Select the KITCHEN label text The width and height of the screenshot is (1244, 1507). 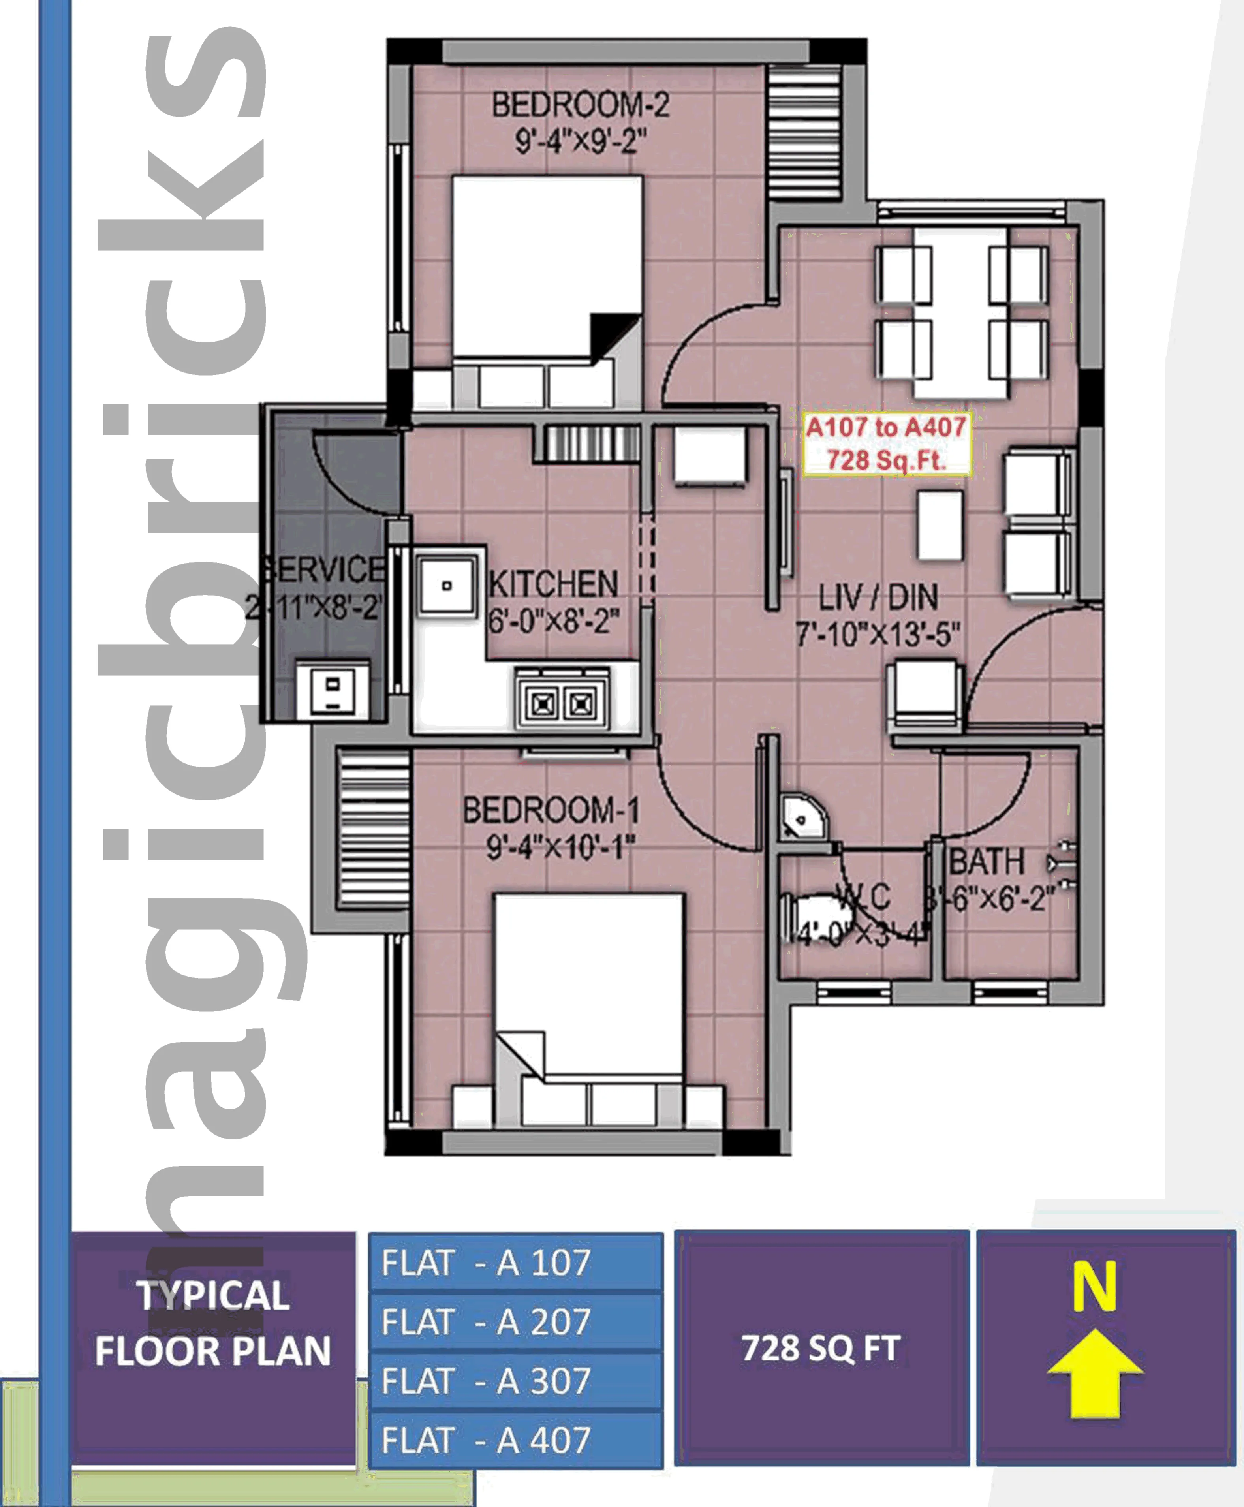[553, 584]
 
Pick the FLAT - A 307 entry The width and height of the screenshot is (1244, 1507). [515, 1381]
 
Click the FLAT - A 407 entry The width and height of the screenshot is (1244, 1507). [515, 1440]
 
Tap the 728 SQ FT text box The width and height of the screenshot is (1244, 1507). [821, 1348]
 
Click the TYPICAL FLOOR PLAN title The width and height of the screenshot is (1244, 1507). [213, 1323]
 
